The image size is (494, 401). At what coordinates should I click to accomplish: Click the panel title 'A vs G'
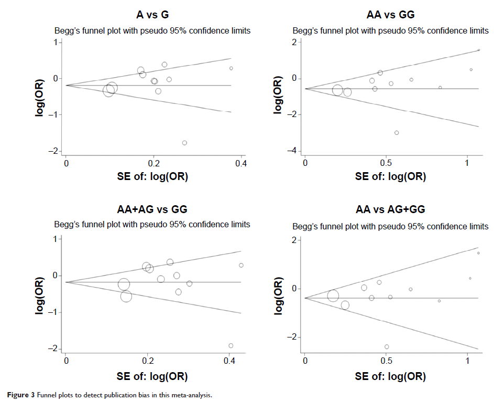(152, 15)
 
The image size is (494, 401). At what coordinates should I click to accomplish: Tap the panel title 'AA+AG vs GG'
(152, 210)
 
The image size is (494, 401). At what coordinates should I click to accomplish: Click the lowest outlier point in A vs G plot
(184, 143)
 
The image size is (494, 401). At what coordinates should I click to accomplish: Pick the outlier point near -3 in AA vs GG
(397, 133)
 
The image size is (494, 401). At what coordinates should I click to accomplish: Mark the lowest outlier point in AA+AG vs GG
(230, 345)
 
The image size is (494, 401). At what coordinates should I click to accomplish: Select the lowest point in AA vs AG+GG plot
(387, 346)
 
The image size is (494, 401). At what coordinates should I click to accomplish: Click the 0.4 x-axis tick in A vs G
(241, 164)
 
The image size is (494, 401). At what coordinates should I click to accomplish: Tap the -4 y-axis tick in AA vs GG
(295, 151)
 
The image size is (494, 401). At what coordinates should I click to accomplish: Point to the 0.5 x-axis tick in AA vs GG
(386, 163)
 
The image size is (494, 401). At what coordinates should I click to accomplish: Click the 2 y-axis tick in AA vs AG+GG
(295, 240)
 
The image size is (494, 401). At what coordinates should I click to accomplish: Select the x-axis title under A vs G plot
(152, 177)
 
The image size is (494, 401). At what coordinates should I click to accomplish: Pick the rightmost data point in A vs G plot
(231, 68)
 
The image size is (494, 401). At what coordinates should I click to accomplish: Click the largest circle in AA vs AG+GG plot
(333, 296)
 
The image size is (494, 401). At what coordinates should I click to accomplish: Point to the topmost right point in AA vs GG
(479, 50)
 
